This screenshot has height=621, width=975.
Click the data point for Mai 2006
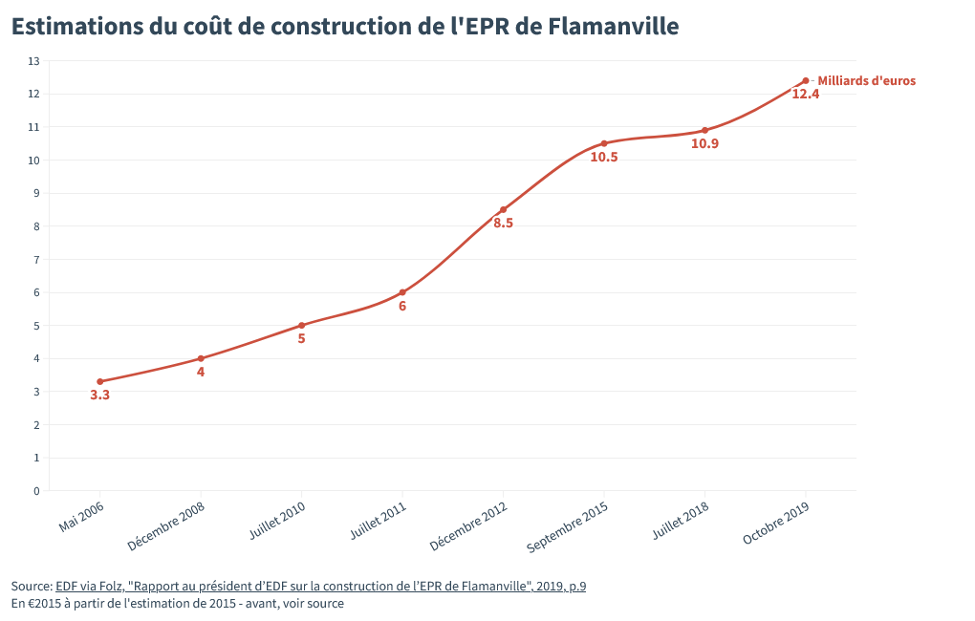(100, 381)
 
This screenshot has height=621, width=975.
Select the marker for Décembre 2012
(503, 210)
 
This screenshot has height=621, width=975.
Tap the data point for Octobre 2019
(806, 81)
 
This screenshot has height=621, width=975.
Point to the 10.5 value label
(604, 157)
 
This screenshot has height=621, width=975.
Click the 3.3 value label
(100, 395)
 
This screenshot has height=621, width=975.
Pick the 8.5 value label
(503, 224)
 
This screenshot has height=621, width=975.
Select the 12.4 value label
(806, 95)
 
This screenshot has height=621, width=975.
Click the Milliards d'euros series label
(866, 81)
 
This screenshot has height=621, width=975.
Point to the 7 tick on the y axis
(36, 260)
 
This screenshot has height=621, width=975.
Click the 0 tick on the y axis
(36, 491)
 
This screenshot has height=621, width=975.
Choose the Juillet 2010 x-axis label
(277, 522)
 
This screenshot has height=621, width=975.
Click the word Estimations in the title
(77, 27)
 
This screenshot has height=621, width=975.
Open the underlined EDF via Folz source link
(320, 586)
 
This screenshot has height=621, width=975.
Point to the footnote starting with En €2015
(178, 604)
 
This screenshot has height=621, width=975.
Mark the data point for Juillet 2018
(704, 130)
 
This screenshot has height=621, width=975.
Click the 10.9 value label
(704, 143)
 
